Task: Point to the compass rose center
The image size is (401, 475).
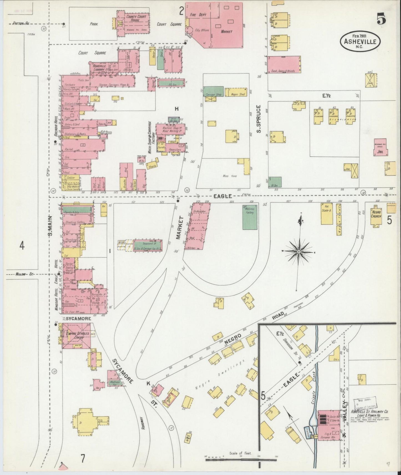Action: (x=299, y=251)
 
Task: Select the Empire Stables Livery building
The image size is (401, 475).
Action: (x=76, y=335)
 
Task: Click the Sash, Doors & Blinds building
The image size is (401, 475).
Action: (x=284, y=65)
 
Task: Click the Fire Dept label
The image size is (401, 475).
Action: (x=198, y=14)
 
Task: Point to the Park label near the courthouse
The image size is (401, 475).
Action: (x=94, y=24)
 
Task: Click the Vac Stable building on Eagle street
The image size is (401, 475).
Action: (x=327, y=214)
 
